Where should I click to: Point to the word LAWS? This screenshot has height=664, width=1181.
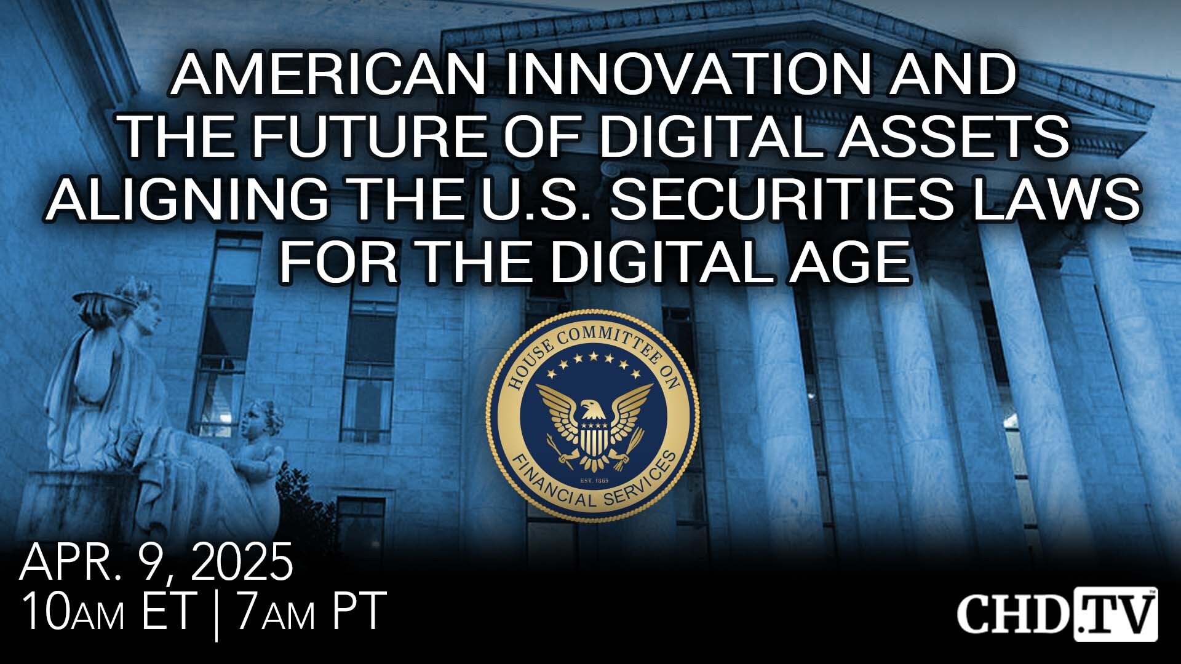(x=1057, y=200)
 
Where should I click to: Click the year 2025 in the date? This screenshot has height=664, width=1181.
(x=241, y=562)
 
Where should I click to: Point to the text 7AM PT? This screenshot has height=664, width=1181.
(x=311, y=611)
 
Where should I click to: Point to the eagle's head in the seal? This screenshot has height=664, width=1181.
(x=591, y=408)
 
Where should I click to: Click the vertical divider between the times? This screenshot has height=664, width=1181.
(x=217, y=613)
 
